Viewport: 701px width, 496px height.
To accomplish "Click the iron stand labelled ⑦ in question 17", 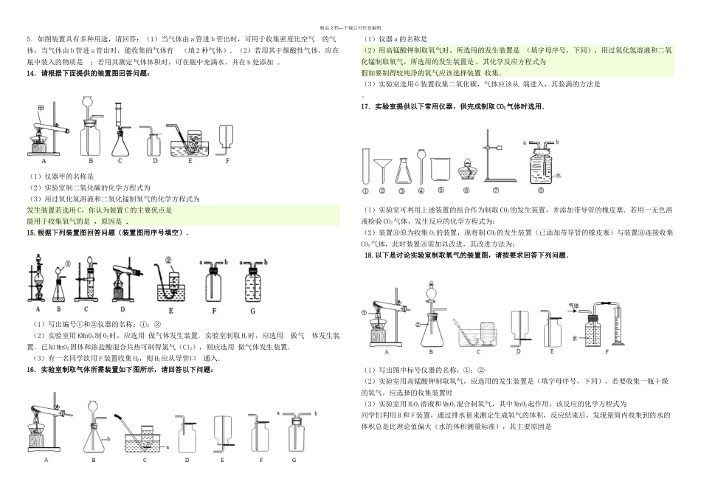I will (492, 159).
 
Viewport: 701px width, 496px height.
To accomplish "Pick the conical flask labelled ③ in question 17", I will (403, 169).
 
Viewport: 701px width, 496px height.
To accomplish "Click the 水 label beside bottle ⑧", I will (559, 176).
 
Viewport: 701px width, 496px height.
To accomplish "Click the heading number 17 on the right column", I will (365, 107).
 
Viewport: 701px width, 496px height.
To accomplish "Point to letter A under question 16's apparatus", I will (46, 459).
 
